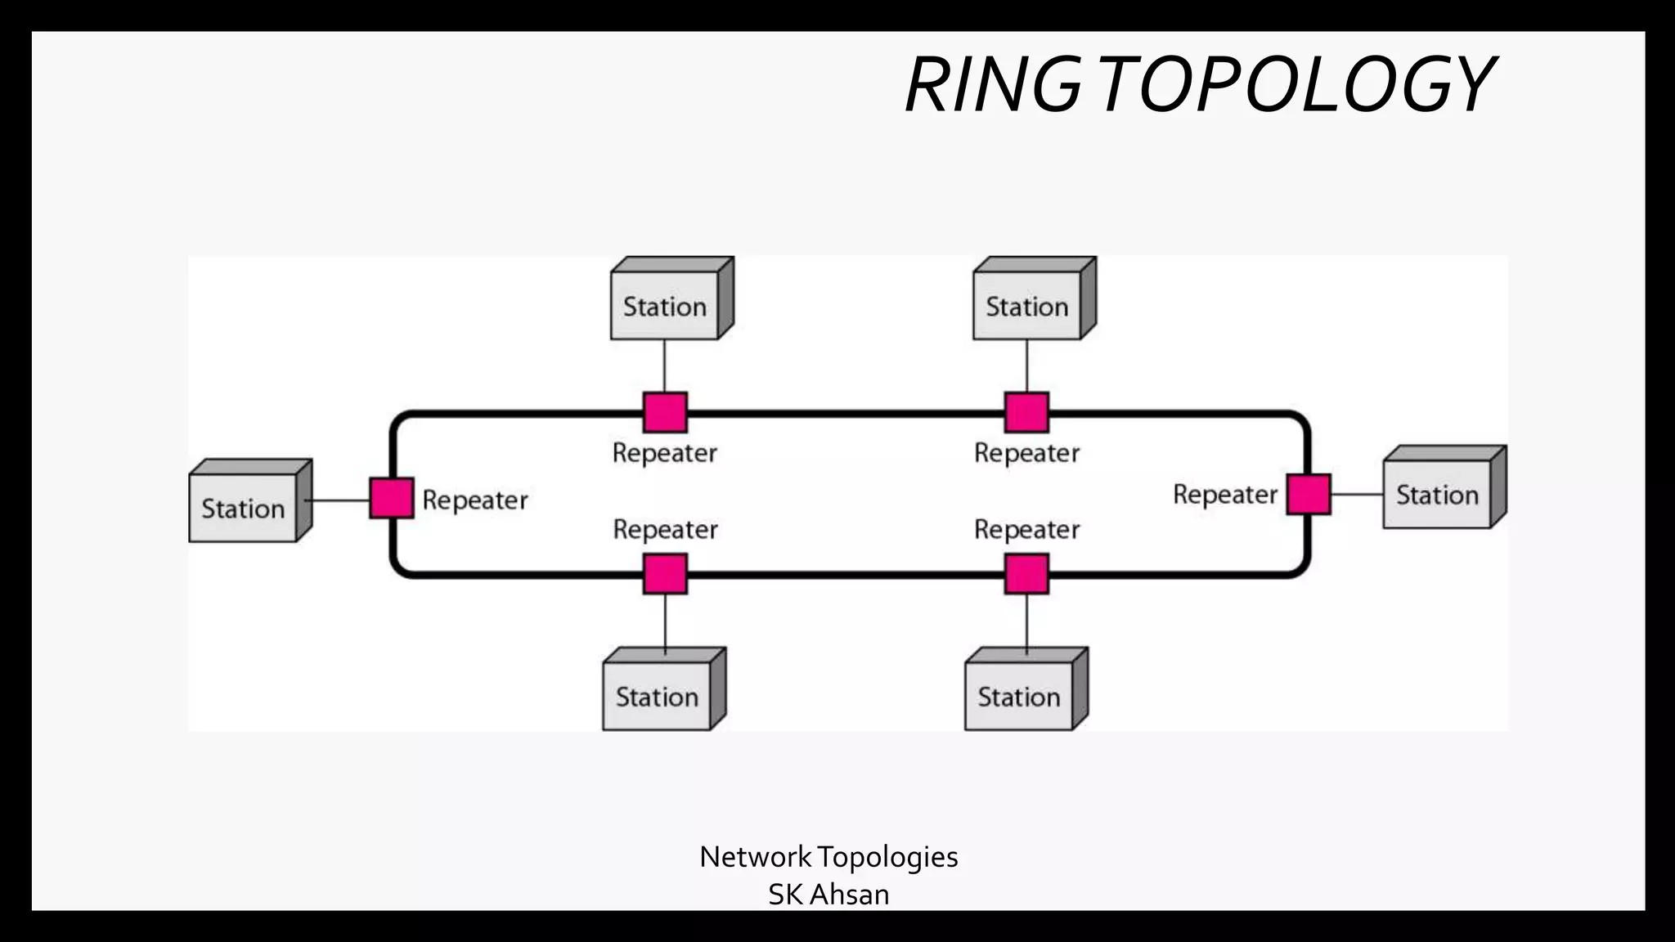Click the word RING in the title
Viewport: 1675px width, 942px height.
point(993,85)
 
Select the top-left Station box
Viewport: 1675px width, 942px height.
point(664,307)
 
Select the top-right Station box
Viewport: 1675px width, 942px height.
point(1026,307)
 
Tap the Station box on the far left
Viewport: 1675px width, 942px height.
point(243,509)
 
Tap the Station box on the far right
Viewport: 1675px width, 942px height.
point(1437,495)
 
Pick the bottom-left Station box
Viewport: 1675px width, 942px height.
point(657,697)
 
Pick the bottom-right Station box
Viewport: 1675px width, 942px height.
point(1019,697)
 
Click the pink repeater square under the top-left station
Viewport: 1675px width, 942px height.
point(665,412)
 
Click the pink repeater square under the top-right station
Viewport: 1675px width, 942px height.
point(1026,412)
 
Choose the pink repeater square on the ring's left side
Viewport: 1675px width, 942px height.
point(392,498)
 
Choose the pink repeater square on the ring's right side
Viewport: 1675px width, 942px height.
point(1309,494)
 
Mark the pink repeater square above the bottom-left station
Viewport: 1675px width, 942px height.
point(665,573)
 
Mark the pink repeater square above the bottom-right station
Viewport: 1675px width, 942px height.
point(1026,573)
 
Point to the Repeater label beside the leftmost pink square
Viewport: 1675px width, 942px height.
point(475,500)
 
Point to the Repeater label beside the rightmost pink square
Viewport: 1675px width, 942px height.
point(1224,494)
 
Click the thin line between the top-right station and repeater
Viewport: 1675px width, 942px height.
point(1026,366)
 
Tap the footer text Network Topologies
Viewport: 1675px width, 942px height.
point(829,857)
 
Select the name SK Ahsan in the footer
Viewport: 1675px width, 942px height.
point(829,895)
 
